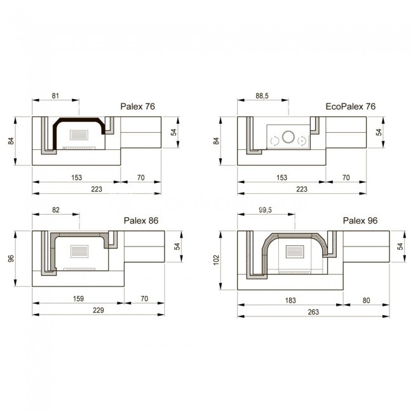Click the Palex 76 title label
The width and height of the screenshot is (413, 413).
[x=137, y=106]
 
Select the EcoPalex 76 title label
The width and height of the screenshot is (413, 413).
[x=351, y=106]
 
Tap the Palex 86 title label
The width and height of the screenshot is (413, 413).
[x=141, y=220]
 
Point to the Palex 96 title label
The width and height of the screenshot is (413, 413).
[x=360, y=220]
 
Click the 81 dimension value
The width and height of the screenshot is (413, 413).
[x=55, y=95]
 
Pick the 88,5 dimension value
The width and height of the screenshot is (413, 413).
[x=262, y=95]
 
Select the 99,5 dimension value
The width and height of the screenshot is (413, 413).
[x=265, y=210]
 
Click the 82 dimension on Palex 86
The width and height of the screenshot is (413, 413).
[x=56, y=210]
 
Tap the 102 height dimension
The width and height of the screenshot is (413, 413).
[x=216, y=260]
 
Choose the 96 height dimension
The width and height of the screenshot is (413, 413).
[x=11, y=259]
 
